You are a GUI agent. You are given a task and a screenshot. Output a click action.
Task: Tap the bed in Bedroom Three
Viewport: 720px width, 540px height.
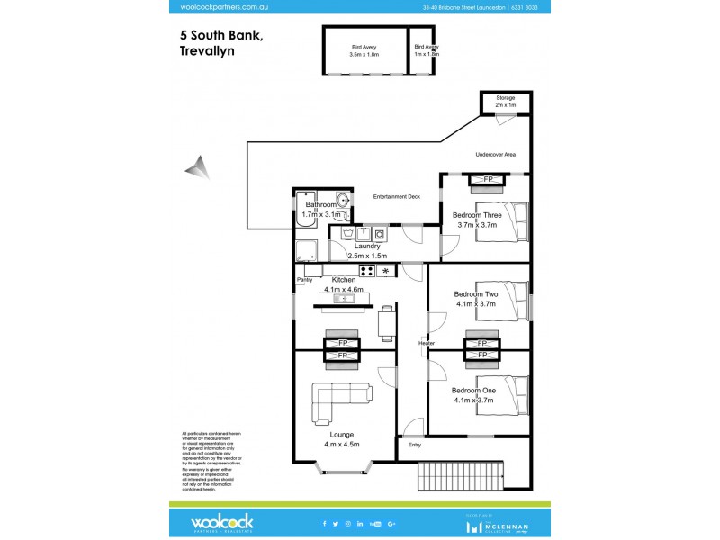click(x=510, y=222)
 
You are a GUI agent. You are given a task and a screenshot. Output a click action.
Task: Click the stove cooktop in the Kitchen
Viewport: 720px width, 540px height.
click(x=367, y=270)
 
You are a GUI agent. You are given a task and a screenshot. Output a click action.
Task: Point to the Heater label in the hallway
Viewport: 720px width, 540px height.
click(x=427, y=343)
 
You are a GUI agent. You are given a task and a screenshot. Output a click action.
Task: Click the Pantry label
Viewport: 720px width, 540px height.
click(x=304, y=280)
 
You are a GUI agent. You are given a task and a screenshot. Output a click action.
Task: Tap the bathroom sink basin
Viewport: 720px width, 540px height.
click(x=342, y=200)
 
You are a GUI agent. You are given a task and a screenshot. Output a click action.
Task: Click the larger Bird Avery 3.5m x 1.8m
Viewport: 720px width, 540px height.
click(x=364, y=50)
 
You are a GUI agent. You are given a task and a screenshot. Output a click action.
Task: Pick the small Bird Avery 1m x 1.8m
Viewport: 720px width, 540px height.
click(x=425, y=50)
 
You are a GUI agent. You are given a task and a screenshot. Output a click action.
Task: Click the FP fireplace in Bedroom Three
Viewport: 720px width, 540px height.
click(x=489, y=180)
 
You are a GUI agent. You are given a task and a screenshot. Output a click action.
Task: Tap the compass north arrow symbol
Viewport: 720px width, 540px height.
click(x=197, y=167)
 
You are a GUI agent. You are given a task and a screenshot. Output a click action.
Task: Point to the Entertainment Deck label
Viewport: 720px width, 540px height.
click(x=397, y=195)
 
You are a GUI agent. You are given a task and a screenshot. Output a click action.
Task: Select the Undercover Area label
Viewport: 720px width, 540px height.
click(x=495, y=155)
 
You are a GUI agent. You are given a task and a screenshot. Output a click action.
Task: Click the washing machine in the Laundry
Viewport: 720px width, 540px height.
click(x=381, y=234)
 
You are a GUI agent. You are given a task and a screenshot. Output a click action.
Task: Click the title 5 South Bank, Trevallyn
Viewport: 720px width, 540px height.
click(x=220, y=43)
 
